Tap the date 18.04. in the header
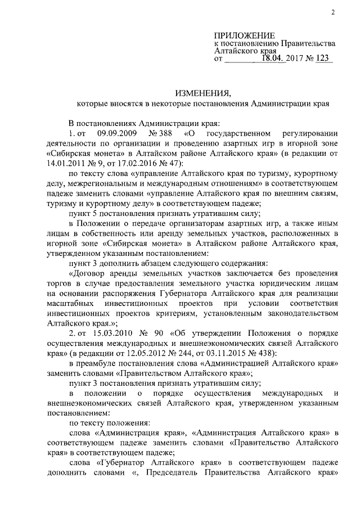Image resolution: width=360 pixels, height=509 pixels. pos(271,58)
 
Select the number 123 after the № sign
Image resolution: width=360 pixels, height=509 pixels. pos(325,58)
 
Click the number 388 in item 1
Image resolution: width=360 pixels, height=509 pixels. pos(163,134)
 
